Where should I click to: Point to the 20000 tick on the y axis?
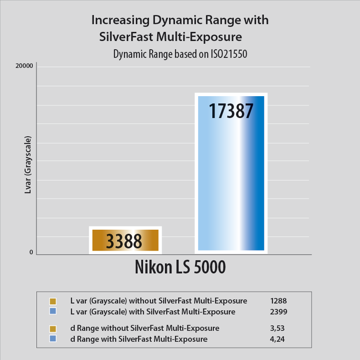pos(25,66)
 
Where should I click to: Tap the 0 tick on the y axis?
pos(31,252)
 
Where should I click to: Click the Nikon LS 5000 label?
pos(180,267)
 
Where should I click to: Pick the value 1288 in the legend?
pos(278,301)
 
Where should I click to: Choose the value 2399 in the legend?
pos(278,312)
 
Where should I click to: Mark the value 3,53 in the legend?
pos(277,328)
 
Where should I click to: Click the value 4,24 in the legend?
pos(277,339)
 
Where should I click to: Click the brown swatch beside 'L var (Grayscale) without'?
pos(52,301)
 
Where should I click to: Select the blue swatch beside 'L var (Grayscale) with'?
pos(52,312)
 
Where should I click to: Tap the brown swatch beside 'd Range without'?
pos(52,329)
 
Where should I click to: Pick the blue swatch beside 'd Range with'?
pos(52,339)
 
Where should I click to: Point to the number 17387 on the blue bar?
pos(231,111)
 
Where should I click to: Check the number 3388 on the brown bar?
pos(124,241)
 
